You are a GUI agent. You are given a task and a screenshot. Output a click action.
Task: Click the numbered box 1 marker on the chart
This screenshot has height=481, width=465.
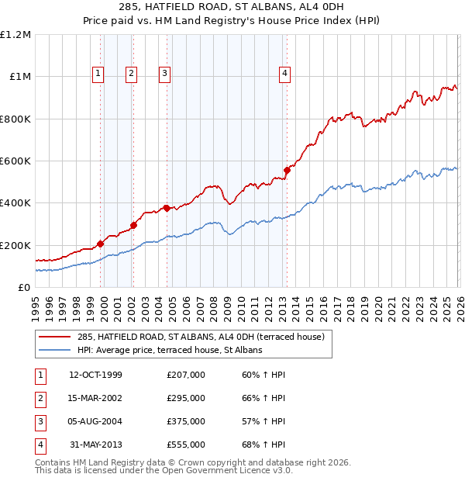[x=99, y=74]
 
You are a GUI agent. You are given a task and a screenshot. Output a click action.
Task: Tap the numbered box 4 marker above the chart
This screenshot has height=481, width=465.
[x=285, y=74]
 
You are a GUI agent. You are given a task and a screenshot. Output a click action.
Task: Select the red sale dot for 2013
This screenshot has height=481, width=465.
[x=287, y=170]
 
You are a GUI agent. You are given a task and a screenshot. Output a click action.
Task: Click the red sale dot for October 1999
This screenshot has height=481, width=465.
[x=101, y=244]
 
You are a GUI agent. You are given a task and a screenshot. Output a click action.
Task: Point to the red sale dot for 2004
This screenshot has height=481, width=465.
[x=167, y=208]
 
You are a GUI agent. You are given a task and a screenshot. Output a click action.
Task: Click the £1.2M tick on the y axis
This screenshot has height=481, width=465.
[x=15, y=35]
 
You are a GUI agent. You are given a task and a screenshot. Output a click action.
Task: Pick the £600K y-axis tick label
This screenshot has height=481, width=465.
[x=15, y=161]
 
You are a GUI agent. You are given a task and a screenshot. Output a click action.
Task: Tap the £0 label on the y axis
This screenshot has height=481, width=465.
[x=23, y=287]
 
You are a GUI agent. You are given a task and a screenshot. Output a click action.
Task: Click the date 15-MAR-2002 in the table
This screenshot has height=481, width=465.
[x=95, y=398]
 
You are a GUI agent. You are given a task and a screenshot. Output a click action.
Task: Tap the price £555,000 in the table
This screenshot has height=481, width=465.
[x=186, y=445]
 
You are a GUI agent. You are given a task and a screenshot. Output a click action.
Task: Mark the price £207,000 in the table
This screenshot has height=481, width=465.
[x=186, y=375]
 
